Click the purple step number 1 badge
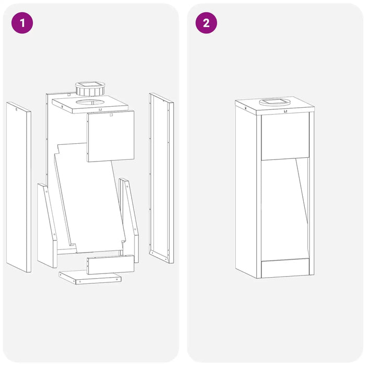pos(22,23)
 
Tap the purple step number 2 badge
pos(206,23)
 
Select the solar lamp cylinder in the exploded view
pos(90,88)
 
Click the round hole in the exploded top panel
pos(90,102)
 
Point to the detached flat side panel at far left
pos(19,187)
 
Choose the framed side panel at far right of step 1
pos(162,178)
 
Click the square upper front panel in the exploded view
pos(110,136)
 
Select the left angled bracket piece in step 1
pos(47,225)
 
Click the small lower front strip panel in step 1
pos(110,265)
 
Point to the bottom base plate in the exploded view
pos(90,277)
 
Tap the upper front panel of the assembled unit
pos(285,137)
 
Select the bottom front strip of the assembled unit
pos(285,268)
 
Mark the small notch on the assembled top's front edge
pos(285,111)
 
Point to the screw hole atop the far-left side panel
pos(16,109)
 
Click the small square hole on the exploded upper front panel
pos(111,115)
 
